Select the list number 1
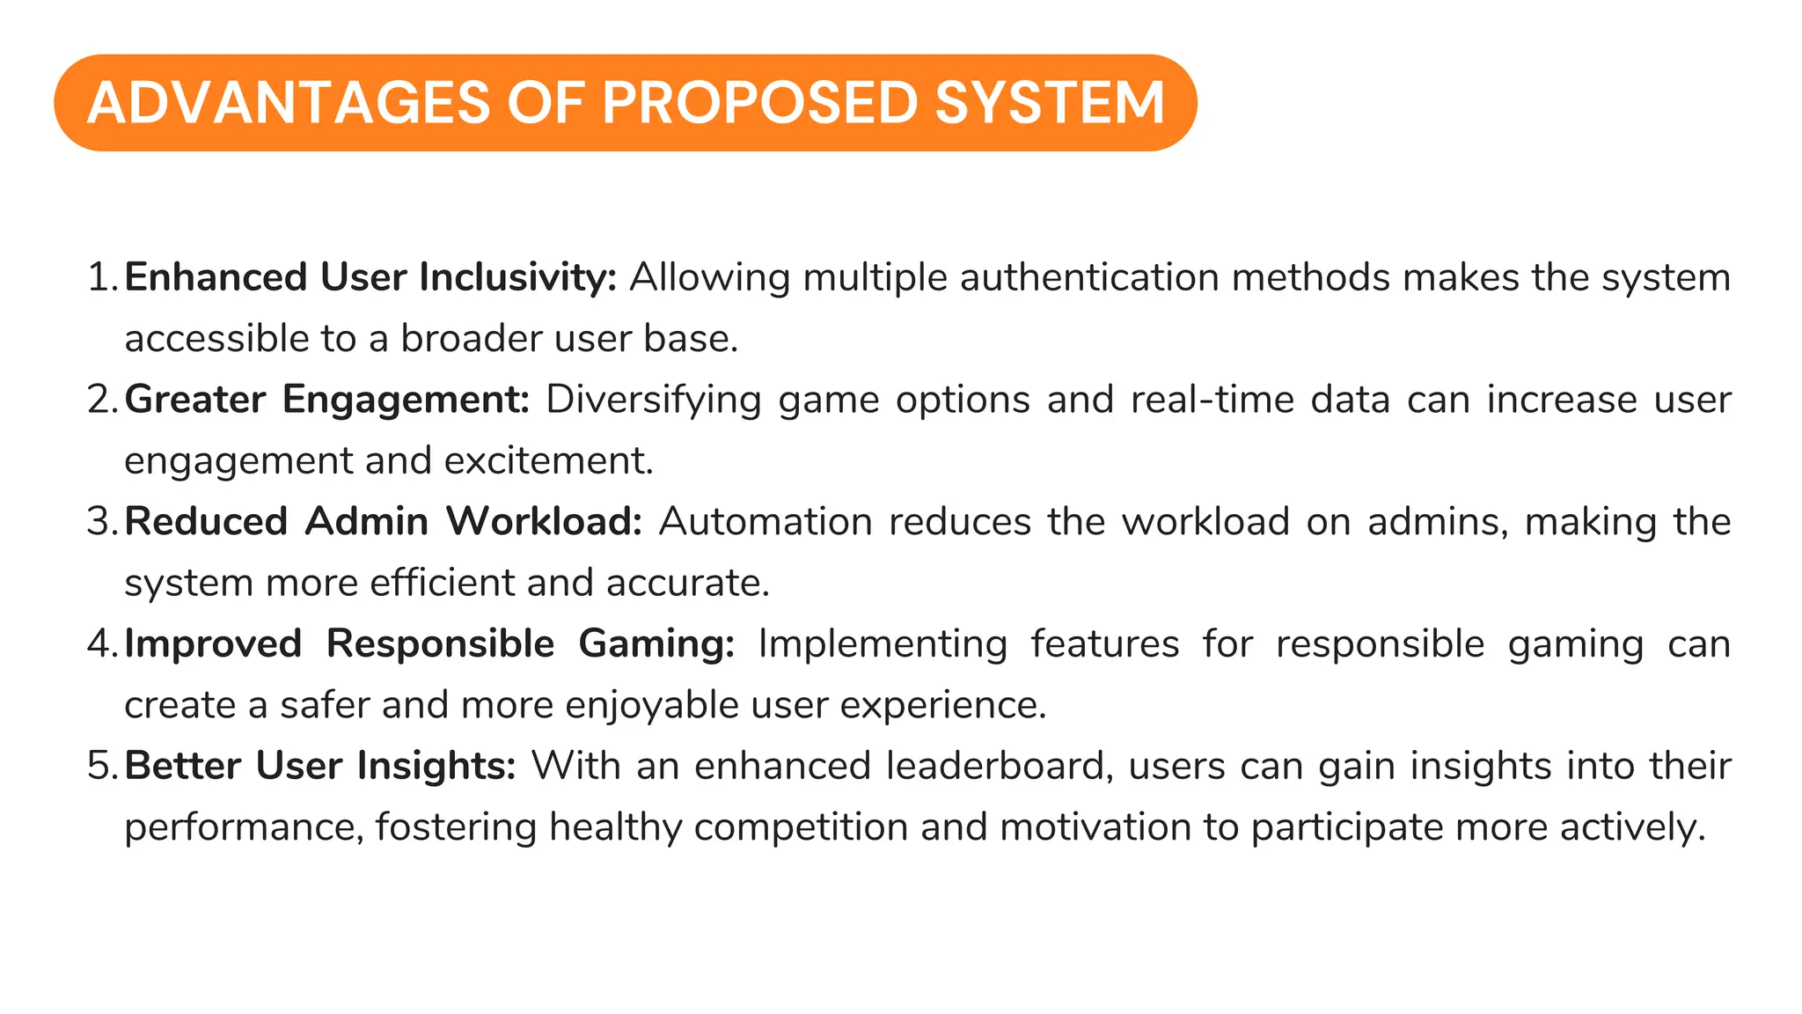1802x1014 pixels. pyautogui.click(x=99, y=278)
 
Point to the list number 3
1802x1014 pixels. pyautogui.click(x=99, y=522)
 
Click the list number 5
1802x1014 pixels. pyautogui.click(x=99, y=766)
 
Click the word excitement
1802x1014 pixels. pyautogui.click(x=548, y=461)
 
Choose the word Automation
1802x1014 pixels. pyautogui.click(x=765, y=522)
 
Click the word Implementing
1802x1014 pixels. pyautogui.click(x=883, y=644)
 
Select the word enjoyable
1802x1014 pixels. pyautogui.click(x=652, y=705)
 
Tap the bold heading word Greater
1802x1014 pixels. pyautogui.click(x=194, y=400)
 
